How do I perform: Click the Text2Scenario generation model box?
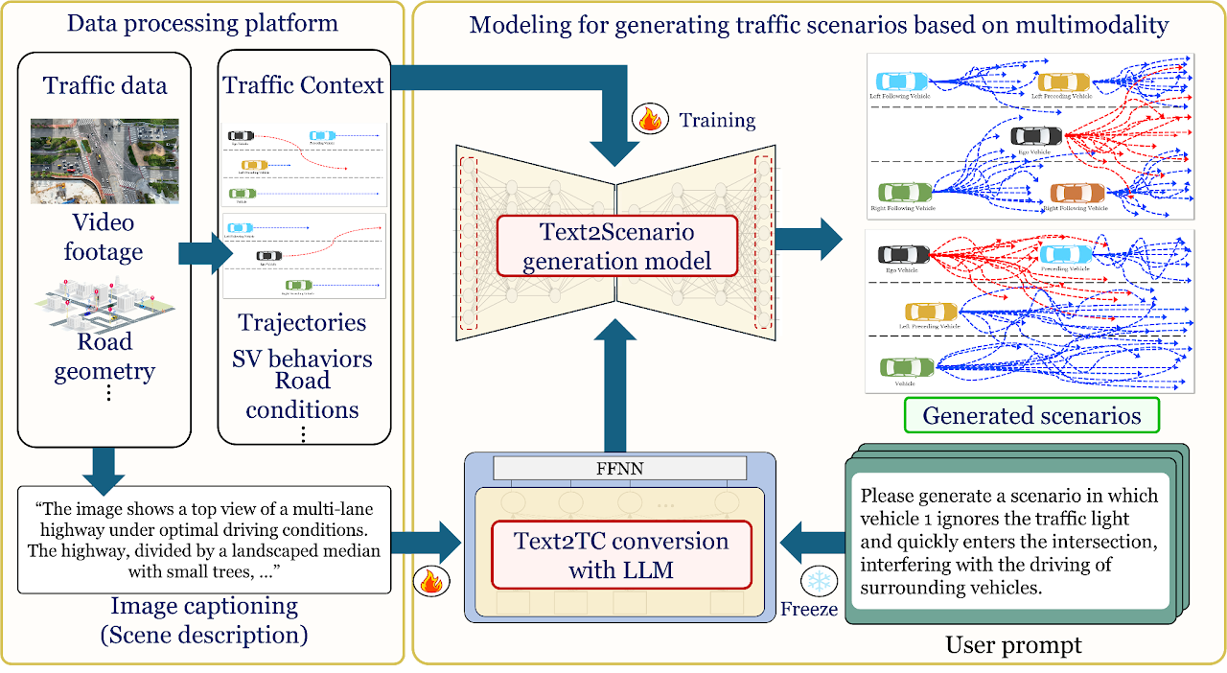616,246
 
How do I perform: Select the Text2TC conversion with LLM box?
620,555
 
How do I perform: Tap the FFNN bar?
619,468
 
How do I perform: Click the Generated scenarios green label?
1031,415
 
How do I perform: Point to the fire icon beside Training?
650,119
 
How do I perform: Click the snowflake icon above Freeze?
820,582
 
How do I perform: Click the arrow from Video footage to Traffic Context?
204,255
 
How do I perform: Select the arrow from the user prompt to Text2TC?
808,543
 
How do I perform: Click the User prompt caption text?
1014,645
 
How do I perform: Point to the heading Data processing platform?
202,23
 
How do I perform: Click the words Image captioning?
204,607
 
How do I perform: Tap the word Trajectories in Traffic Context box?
302,322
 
